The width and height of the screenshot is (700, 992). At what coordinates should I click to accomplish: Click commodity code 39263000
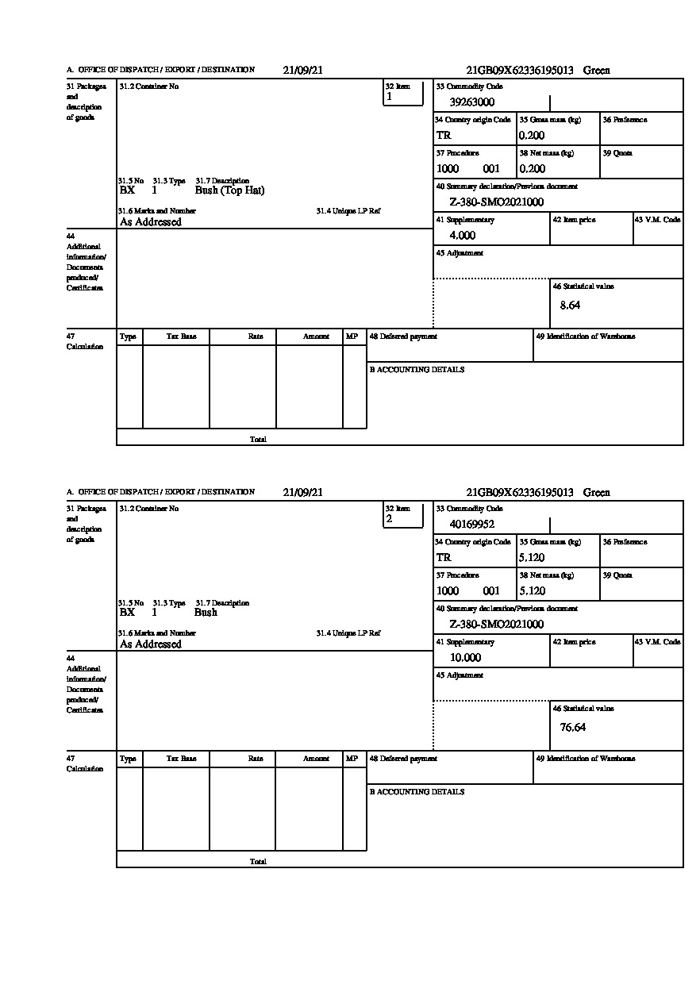coord(472,102)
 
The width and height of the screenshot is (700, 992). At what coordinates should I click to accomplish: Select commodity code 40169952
coord(472,525)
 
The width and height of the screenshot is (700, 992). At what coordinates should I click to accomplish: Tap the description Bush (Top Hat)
coord(229,190)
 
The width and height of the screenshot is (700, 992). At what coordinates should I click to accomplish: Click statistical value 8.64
coord(570,305)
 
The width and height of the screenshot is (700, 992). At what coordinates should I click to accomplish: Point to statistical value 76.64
coord(573,727)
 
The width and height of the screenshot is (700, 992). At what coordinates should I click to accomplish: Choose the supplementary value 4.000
coord(462,236)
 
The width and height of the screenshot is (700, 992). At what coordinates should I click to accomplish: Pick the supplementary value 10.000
coord(465,658)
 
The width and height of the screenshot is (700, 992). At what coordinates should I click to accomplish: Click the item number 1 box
coord(403,94)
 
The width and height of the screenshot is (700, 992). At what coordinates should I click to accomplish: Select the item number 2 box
coord(403,516)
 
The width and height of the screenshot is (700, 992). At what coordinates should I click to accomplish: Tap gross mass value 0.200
coord(532,136)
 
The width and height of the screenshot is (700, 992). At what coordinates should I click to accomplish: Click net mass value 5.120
coord(532,591)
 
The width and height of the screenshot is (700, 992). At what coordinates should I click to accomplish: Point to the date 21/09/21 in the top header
coord(303,70)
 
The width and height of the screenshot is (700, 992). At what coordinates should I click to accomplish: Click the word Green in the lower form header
coord(597,492)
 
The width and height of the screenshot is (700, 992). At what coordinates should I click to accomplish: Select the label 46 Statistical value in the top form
coord(583,286)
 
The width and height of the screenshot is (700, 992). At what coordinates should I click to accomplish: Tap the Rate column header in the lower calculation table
coord(255,759)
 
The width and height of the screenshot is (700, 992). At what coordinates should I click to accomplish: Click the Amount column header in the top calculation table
coord(316,336)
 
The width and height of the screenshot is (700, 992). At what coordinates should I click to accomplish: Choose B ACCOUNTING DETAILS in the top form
coord(417,370)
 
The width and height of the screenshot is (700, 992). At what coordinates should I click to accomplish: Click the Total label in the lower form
coord(258,861)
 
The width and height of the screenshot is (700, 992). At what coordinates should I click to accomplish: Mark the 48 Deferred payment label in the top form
coord(403,336)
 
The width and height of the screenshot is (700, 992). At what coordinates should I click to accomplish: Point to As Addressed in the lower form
coord(151,644)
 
